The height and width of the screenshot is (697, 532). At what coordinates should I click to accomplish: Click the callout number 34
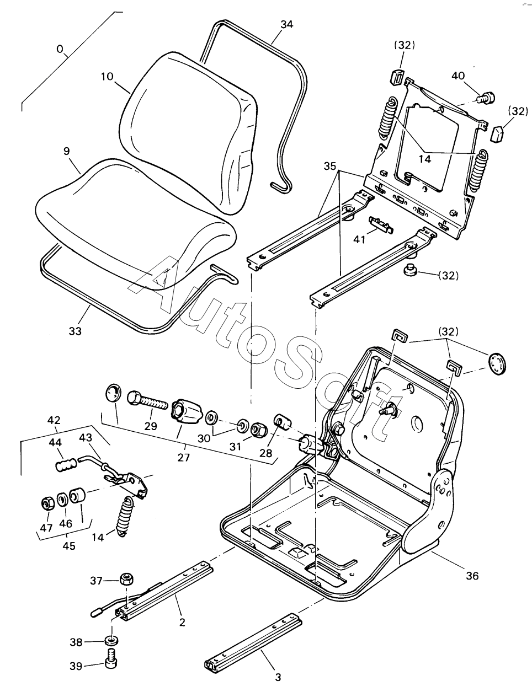[x=286, y=24]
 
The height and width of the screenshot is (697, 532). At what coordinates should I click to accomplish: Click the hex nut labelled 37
[x=128, y=580]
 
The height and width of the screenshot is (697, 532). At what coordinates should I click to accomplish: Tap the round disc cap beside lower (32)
[x=497, y=364]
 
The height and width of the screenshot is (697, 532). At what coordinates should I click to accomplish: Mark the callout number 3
[x=278, y=677]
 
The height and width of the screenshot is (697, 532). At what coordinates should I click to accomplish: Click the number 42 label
[x=54, y=420]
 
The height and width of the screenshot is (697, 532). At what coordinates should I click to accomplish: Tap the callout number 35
[x=329, y=165]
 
